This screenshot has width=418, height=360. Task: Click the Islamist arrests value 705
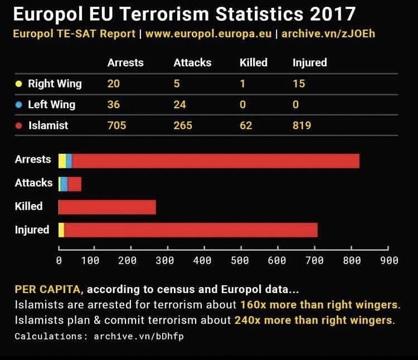click(117, 125)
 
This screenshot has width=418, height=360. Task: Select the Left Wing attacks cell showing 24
click(179, 104)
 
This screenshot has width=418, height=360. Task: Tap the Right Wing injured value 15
click(299, 84)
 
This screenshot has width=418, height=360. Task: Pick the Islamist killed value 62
click(246, 125)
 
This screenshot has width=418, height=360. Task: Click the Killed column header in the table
click(254, 62)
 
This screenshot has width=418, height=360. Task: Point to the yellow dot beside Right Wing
click(18, 84)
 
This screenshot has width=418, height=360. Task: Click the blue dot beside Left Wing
click(18, 105)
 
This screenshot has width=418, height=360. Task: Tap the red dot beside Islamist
click(18, 126)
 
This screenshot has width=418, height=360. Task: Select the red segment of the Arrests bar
click(215, 160)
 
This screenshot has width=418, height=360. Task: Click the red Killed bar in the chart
click(107, 207)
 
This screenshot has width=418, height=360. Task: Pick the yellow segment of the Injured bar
click(61, 230)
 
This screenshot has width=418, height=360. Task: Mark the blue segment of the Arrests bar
click(69, 160)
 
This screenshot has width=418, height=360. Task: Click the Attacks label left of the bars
click(33, 183)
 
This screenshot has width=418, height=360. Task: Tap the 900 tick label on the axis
click(388, 260)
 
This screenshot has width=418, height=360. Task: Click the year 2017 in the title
click(332, 13)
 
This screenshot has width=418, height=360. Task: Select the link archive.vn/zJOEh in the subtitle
click(328, 33)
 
